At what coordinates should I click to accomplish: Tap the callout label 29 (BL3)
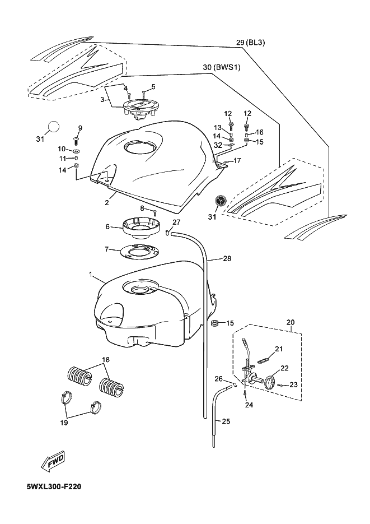251,43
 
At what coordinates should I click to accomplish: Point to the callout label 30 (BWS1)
222,67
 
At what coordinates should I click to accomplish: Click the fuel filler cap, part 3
138,109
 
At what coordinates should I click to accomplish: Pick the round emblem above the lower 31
220,201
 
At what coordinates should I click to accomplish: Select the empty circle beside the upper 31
53,127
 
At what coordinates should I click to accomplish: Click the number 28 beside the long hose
227,258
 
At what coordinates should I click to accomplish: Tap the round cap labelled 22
270,382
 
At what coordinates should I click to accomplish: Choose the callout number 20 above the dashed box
291,322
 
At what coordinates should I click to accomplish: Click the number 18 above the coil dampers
106,360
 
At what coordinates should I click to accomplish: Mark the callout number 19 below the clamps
64,423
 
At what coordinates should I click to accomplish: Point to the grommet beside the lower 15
214,323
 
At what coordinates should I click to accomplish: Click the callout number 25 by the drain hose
226,421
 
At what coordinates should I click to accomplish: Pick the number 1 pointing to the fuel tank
91,274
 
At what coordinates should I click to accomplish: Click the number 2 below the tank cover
107,202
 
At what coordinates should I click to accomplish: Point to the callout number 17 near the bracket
237,161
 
